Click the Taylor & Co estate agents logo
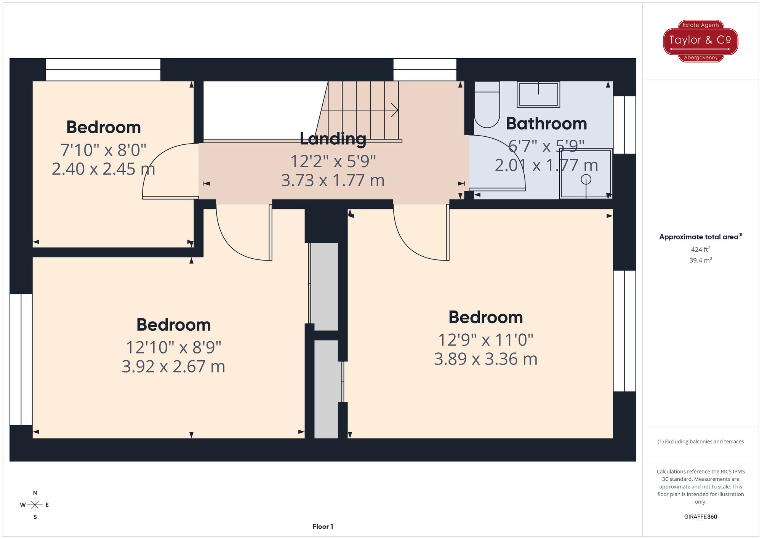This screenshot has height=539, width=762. coord(700,41)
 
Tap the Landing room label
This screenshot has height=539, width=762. coord(333,139)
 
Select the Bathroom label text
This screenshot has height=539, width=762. coord(546,124)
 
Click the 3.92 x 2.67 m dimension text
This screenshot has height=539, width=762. coord(173,366)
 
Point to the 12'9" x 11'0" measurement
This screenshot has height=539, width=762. coord(485,340)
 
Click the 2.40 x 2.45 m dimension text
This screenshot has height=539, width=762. coord(103,169)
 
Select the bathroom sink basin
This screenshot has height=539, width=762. coord(538,94)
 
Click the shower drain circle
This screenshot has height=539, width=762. coord(586,179)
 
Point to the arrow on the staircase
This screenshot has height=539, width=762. coord(394,110)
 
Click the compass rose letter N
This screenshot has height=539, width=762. coord(35,493)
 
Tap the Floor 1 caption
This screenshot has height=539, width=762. coord(323,526)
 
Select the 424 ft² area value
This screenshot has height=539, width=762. coord(700,250)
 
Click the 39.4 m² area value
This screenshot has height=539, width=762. coord(700,261)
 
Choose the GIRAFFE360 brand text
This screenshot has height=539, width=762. coord(700,517)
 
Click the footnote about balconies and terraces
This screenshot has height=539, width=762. coord(700,441)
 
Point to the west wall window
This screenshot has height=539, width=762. coord(21,359)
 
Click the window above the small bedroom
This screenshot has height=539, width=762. coord(103,69)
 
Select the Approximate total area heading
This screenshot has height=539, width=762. coord(700,237)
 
